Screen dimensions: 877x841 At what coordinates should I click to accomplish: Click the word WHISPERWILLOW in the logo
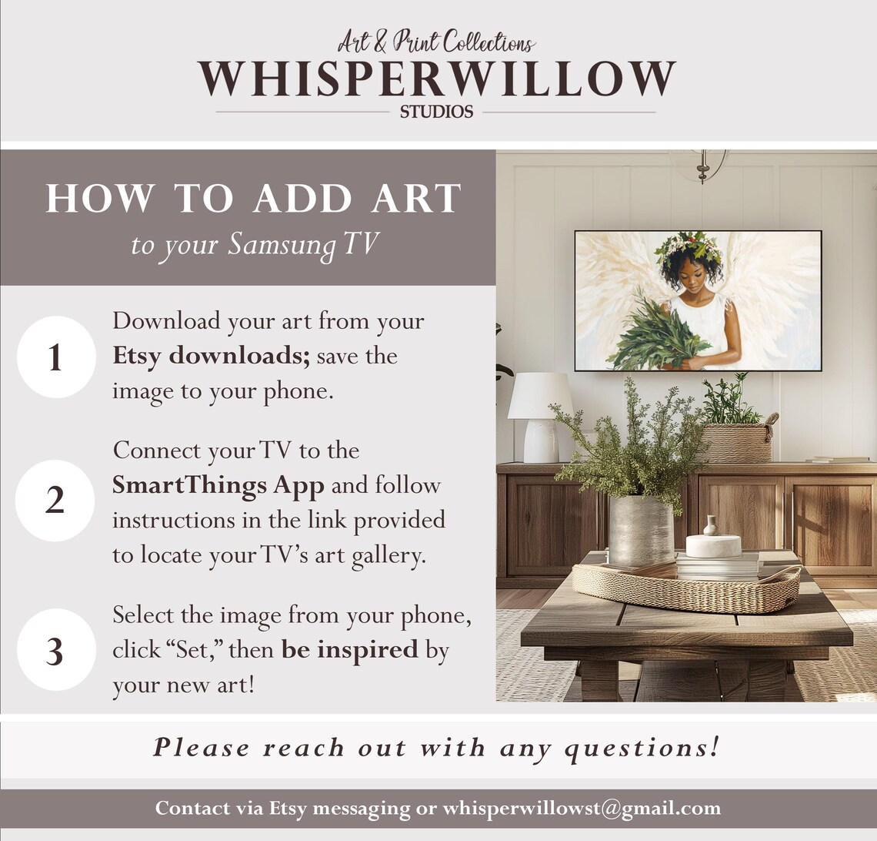(x=437, y=79)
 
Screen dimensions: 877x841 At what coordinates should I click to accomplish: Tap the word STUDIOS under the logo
(x=436, y=112)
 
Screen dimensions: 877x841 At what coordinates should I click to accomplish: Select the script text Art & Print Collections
(x=436, y=42)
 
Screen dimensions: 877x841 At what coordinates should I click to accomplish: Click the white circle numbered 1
(x=56, y=357)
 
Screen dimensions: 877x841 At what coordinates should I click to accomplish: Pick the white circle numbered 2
(x=55, y=500)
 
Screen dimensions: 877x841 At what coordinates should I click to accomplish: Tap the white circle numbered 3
(x=56, y=649)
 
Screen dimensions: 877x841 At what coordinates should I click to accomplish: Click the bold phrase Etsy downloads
(x=211, y=356)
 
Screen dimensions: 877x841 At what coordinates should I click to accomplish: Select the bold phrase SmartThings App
(x=218, y=486)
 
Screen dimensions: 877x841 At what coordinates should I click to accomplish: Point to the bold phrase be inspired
(x=349, y=649)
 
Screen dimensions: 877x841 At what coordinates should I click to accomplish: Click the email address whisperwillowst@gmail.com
(x=582, y=809)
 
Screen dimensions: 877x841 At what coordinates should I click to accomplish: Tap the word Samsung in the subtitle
(x=282, y=246)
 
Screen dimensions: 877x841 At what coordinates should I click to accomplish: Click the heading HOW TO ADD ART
(x=253, y=198)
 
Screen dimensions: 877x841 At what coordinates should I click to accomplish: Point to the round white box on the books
(x=714, y=546)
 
